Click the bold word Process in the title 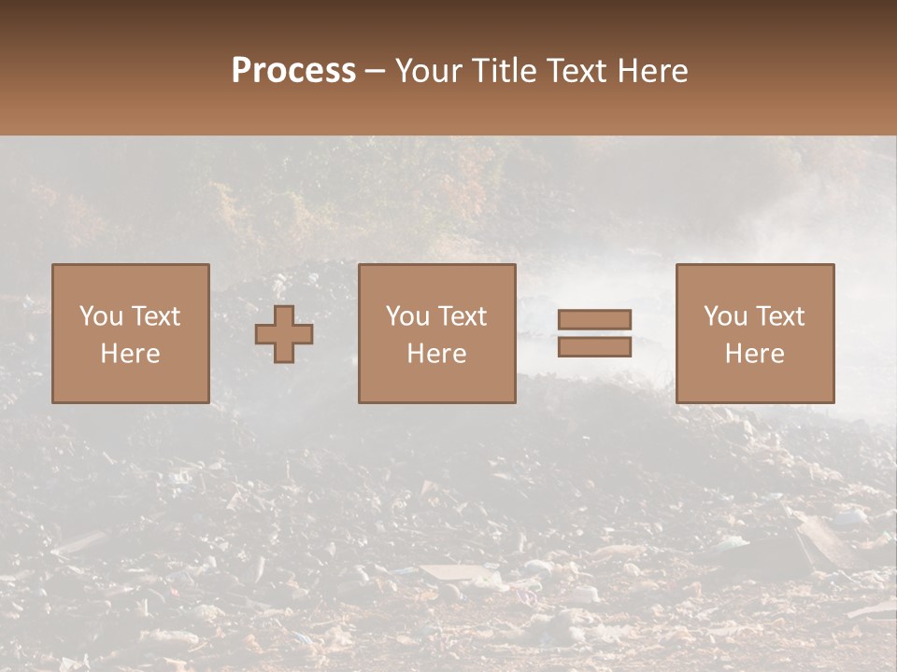293,71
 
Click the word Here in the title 653,71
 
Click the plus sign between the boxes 284,334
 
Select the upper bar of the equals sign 594,319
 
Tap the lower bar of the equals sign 594,347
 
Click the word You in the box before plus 101,316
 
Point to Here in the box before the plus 130,354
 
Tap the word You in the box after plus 407,316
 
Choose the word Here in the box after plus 436,354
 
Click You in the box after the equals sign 725,316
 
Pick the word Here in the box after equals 754,354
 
